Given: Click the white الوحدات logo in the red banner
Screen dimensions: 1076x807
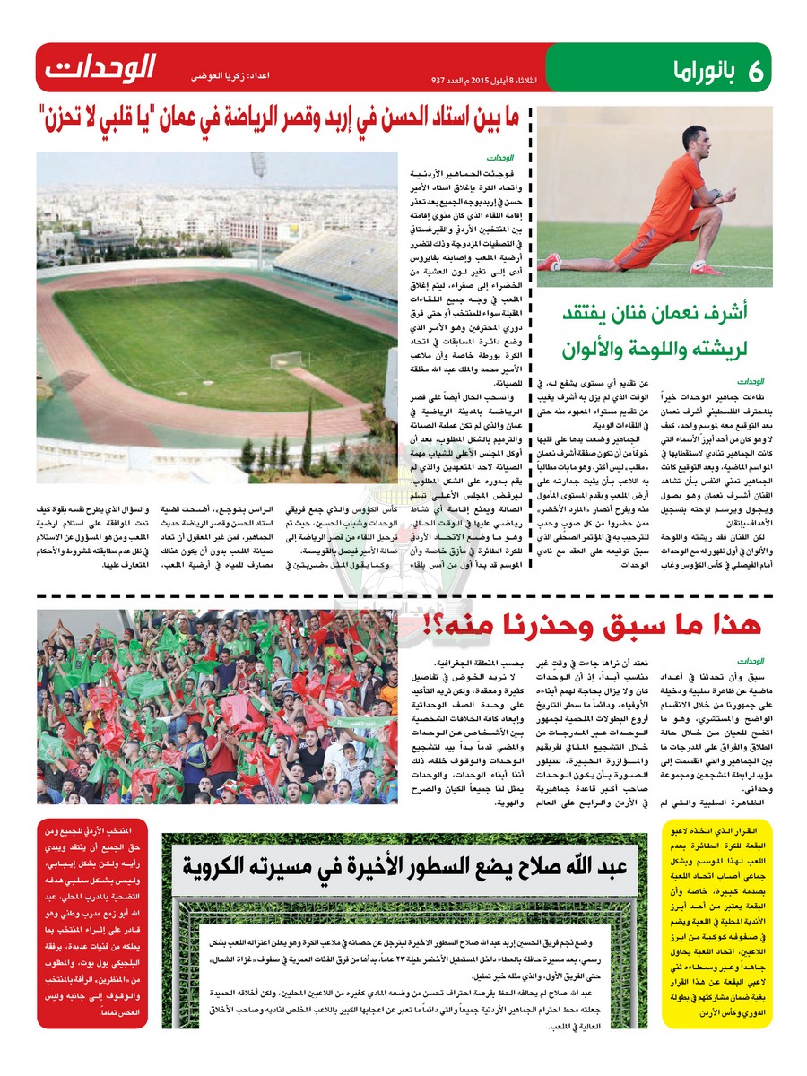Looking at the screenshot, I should tap(100, 66).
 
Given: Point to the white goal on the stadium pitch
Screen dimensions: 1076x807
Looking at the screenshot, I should tap(287, 360).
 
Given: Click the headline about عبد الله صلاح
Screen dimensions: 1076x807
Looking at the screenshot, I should tap(403, 865).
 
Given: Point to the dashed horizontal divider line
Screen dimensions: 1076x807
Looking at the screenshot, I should tap(403, 596).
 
